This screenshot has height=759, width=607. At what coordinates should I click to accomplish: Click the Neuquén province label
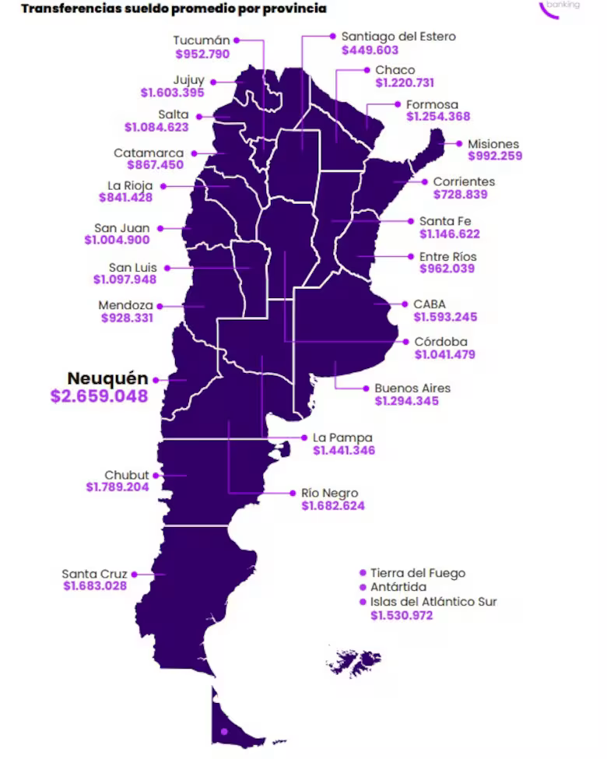[x=107, y=378]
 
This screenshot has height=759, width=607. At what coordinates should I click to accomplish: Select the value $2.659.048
[x=99, y=396]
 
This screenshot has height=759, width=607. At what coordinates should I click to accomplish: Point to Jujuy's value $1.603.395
[x=172, y=93]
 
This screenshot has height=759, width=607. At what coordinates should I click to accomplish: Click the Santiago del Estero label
[x=398, y=36]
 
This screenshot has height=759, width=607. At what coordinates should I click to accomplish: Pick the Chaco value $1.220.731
[x=404, y=83]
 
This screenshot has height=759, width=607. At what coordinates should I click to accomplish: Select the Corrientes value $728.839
[x=460, y=194]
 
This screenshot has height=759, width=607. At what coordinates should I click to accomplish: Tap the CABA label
[x=430, y=304]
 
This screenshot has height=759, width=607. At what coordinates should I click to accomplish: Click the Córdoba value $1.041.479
[x=444, y=354]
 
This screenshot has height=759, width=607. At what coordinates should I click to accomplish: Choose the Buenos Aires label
[x=412, y=388]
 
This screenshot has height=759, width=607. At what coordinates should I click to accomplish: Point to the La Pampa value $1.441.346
[x=343, y=450]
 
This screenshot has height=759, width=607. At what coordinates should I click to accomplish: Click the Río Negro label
[x=329, y=493]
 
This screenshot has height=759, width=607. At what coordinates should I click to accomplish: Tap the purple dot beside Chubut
[x=156, y=475]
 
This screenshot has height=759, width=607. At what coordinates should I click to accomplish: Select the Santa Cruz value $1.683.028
[x=94, y=586]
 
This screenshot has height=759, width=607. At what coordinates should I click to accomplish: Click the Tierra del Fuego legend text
[x=417, y=573]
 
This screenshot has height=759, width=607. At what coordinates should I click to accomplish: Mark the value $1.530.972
[x=402, y=615]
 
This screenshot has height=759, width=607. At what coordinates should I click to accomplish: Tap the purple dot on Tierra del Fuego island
[x=224, y=731]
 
